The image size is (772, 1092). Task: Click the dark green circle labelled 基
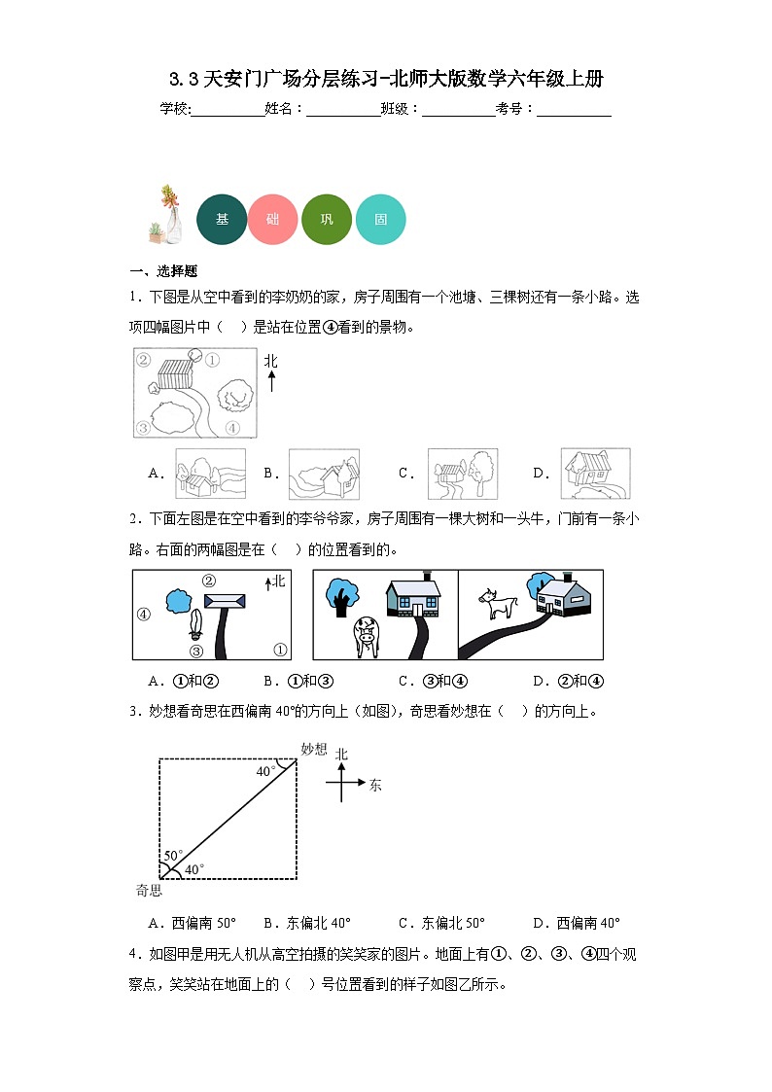coord(222,220)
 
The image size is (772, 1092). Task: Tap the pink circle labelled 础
coord(273,220)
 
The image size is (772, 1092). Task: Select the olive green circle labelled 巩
coord(327,220)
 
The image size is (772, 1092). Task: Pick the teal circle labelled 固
coord(379,220)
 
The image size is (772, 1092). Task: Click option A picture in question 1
coord(210,474)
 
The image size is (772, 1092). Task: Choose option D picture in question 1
coord(595,474)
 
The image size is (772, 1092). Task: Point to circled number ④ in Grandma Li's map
coord(231,427)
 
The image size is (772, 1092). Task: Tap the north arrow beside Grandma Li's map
coord(271,372)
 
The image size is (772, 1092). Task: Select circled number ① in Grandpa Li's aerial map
coord(279,650)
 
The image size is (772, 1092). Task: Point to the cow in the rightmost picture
coord(500,605)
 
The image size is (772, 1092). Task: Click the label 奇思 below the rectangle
coord(149,890)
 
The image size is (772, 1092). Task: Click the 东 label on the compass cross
coord(375,784)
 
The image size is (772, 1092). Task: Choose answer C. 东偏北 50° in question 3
coord(441,923)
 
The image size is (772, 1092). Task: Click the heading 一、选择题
coord(163,271)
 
